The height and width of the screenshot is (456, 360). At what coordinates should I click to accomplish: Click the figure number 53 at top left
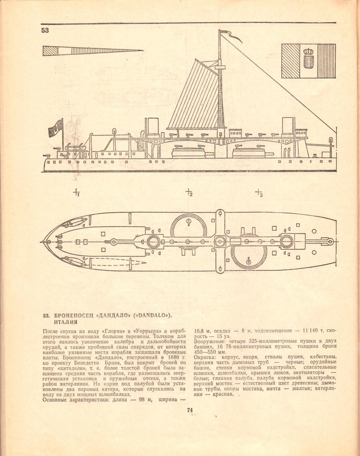coord(45,30)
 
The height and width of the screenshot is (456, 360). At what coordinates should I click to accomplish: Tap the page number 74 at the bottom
coord(190,410)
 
